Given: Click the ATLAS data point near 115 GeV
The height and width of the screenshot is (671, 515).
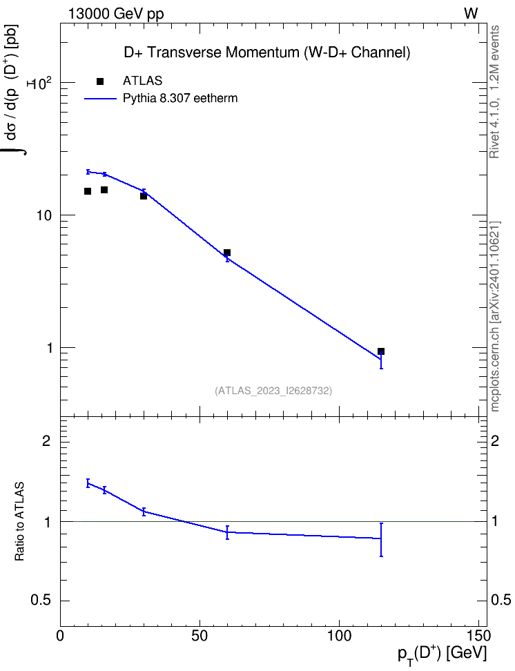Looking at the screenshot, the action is [380, 351].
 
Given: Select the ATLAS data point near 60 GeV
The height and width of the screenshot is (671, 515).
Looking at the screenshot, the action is [227, 253].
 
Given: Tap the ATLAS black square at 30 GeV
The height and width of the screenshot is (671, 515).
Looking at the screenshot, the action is [144, 196].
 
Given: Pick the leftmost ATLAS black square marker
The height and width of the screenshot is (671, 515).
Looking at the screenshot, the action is [88, 191].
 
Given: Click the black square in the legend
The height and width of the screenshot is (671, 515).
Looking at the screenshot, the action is [99, 81].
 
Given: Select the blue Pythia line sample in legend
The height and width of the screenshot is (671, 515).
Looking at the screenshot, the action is [100, 99].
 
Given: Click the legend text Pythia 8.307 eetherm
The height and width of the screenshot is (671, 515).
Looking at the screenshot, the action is [179, 99].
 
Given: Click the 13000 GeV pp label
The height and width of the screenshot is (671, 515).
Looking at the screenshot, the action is [116, 14].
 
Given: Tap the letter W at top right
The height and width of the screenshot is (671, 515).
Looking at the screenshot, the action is [471, 14].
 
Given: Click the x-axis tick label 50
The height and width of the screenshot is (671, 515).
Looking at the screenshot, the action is [200, 635].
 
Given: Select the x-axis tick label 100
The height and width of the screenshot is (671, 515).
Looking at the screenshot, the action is [339, 635].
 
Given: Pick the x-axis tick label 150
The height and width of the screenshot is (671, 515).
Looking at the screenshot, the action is [478, 635].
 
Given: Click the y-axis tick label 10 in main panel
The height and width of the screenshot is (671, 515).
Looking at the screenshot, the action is [43, 215].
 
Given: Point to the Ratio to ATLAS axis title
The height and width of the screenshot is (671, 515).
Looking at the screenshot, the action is [19, 522].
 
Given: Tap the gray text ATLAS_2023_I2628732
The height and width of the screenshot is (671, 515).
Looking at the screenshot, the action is [273, 390].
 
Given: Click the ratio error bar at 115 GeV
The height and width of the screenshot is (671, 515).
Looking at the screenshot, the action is [381, 539].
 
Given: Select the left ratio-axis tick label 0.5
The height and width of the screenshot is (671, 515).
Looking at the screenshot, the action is [41, 600].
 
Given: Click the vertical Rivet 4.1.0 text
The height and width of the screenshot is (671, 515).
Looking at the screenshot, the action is [494, 92].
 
